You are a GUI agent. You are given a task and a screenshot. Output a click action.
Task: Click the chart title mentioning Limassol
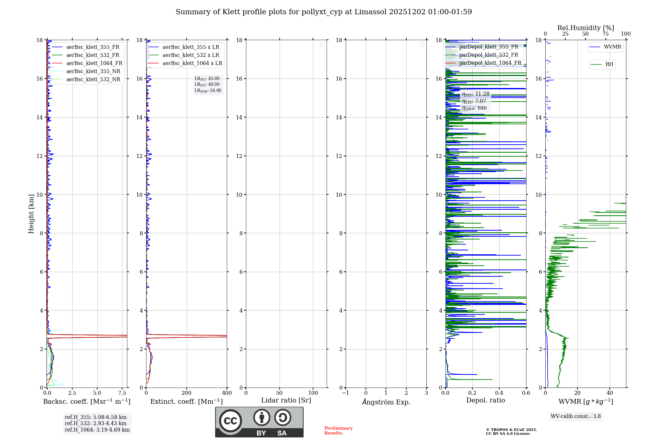[324, 12]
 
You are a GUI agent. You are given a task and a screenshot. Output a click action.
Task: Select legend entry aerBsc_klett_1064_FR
[94, 63]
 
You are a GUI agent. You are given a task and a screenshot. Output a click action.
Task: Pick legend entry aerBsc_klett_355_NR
[93, 71]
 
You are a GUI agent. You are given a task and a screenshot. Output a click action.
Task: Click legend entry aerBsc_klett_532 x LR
[191, 55]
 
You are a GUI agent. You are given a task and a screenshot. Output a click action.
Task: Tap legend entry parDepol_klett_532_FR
[489, 55]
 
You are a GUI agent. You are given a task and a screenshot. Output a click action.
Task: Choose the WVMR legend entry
[612, 47]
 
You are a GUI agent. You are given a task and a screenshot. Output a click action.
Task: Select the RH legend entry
[609, 64]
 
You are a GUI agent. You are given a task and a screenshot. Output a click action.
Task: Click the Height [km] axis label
[31, 214]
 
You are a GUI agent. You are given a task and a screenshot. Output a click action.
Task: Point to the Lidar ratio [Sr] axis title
[286, 401]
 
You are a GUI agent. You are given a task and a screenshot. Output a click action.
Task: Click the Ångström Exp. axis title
[386, 402]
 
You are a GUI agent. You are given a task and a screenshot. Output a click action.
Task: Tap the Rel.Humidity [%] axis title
[585, 28]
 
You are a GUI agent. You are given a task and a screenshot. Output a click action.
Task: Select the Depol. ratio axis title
[485, 401]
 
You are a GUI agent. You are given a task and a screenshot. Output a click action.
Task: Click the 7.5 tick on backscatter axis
[122, 393]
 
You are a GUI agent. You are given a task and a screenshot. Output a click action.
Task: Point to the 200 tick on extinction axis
[186, 393]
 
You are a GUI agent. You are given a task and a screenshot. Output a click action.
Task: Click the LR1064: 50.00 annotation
[208, 91]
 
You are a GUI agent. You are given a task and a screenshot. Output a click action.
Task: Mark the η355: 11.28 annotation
[476, 94]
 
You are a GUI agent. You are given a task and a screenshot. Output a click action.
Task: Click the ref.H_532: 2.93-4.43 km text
[96, 423]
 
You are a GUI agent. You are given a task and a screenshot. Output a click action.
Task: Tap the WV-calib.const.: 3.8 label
[576, 416]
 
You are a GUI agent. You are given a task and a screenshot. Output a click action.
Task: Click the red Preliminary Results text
[338, 431]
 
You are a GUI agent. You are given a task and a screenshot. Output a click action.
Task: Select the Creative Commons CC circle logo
[230, 421]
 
